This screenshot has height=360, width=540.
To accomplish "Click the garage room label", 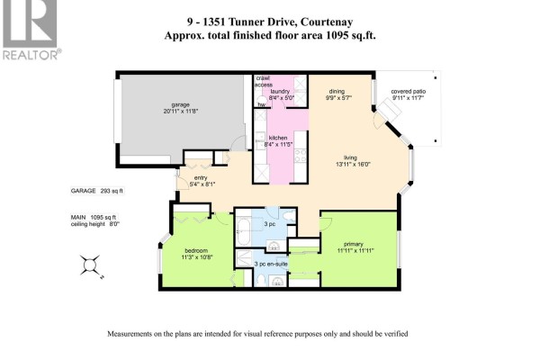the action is pyautogui.click(x=181, y=104).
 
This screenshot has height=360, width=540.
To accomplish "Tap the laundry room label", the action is pyautogui.click(x=280, y=91).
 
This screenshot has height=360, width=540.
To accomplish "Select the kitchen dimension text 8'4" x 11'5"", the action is pyautogui.click(x=278, y=144).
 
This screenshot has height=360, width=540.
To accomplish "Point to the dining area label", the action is pyautogui.click(x=337, y=91).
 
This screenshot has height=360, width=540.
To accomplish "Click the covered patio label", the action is pyautogui.click(x=408, y=91).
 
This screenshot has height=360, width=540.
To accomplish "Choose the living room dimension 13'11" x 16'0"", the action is pyautogui.click(x=353, y=165).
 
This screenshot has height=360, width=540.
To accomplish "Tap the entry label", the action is pyautogui.click(x=201, y=178).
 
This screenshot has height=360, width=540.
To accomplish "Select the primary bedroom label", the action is pyautogui.click(x=354, y=244).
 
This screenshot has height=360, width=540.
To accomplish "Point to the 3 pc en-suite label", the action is pyautogui.click(x=271, y=264).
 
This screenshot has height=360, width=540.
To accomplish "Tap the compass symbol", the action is pyautogui.click(x=90, y=265).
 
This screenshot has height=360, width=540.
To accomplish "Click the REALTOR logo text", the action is pyautogui.click(x=31, y=55).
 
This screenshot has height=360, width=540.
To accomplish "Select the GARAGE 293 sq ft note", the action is pyautogui.click(x=97, y=191).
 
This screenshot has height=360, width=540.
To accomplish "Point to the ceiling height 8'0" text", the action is pyautogui.click(x=95, y=224).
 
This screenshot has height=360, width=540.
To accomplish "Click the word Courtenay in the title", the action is pyautogui.click(x=327, y=22).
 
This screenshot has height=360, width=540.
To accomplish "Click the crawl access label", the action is pyautogui.click(x=264, y=81).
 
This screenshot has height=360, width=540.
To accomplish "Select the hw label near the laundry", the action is pyautogui.click(x=262, y=104).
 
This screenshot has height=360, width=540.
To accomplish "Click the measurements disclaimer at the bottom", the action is pyautogui.click(x=257, y=334).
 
